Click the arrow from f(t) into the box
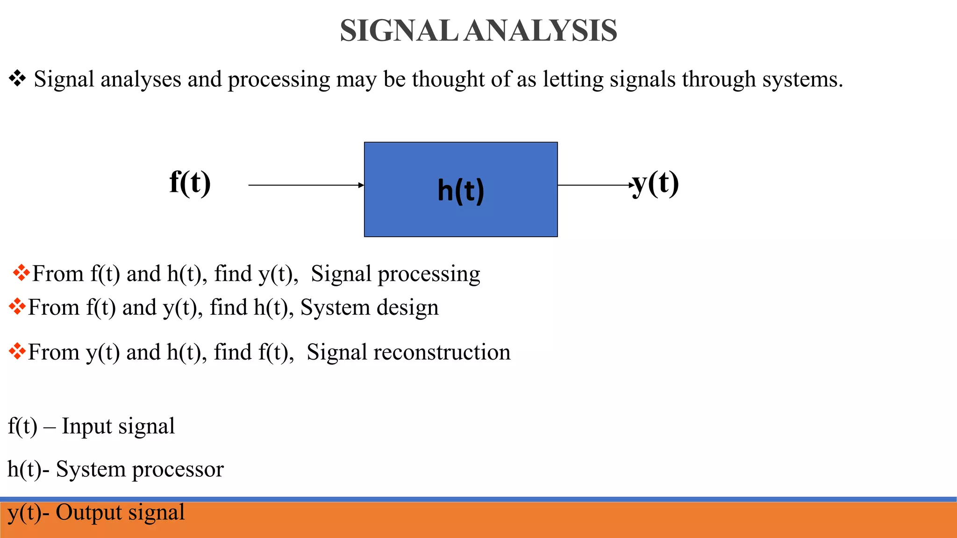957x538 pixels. tap(306, 185)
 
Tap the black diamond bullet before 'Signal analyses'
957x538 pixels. tap(17, 78)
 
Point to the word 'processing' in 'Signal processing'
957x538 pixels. tap(429, 274)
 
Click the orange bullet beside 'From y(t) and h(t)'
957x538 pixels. tap(17, 351)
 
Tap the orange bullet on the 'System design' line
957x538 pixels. tap(17, 307)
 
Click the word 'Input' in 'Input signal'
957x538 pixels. tap(87, 426)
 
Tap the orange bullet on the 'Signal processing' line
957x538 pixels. tap(21, 273)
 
